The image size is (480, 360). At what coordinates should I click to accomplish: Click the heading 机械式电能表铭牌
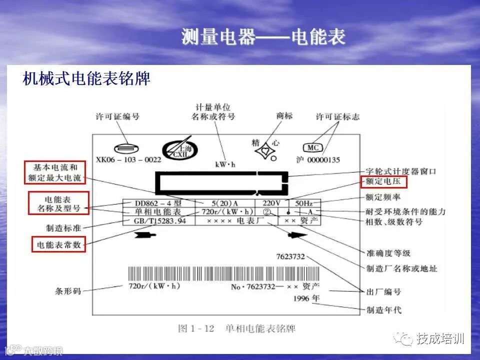[86, 78]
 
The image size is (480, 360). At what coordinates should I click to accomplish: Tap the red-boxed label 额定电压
[383, 182]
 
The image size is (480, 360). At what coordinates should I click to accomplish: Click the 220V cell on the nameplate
[272, 203]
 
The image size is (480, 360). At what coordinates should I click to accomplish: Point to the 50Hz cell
[303, 203]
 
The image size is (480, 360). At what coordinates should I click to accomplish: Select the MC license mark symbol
[312, 148]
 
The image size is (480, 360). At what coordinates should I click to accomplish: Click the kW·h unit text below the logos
[225, 164]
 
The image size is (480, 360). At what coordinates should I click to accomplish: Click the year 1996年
[307, 298]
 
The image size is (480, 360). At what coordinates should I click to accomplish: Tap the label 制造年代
[383, 310]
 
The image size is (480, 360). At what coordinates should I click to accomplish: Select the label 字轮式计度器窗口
[401, 171]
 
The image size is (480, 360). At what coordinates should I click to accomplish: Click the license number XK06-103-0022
[128, 160]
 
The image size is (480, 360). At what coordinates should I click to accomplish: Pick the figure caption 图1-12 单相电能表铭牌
[236, 328]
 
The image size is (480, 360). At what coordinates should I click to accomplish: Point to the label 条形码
[68, 290]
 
